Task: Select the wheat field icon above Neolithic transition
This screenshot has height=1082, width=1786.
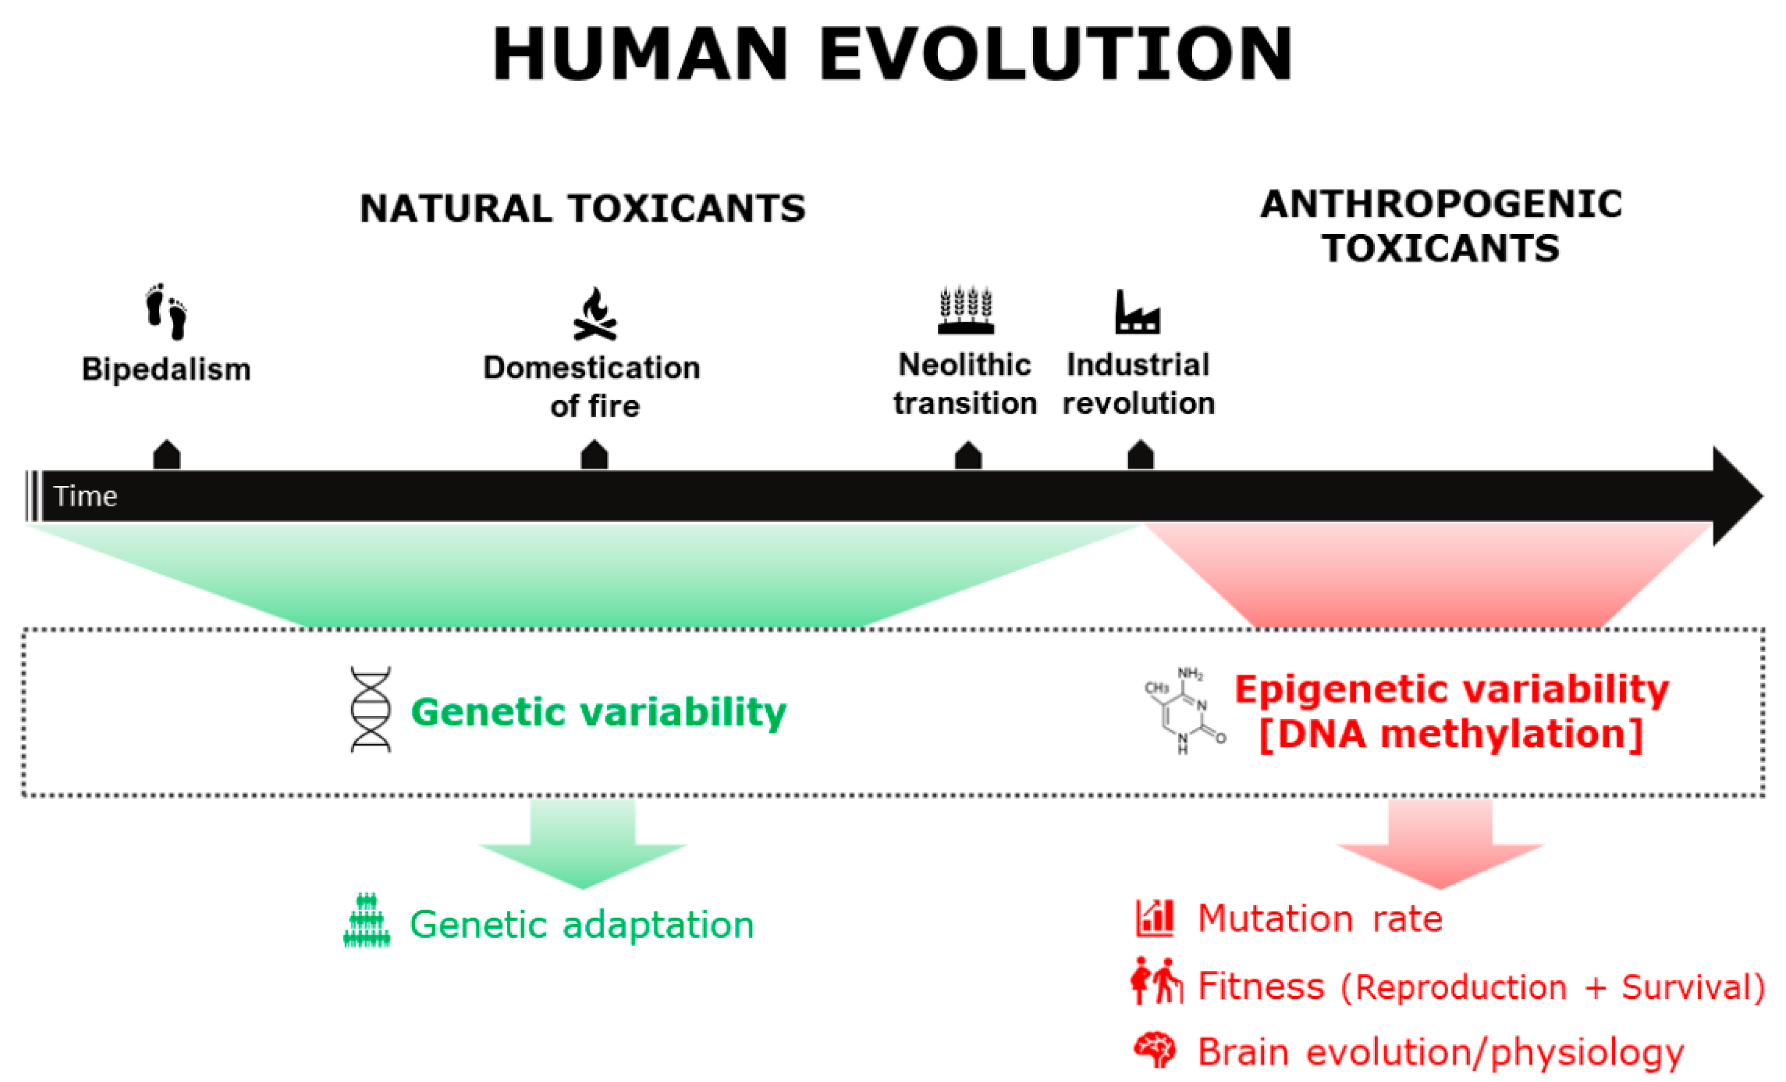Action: (x=966, y=310)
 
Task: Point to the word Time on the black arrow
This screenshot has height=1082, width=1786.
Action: (x=85, y=496)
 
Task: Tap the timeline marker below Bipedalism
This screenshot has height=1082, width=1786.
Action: (x=167, y=455)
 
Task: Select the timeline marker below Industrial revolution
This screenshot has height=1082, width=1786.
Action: (x=1140, y=455)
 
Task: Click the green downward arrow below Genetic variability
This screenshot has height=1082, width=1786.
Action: (x=583, y=845)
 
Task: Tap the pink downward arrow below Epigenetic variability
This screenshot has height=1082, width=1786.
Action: (x=1440, y=845)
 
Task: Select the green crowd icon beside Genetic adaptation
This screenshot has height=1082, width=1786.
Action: (x=367, y=921)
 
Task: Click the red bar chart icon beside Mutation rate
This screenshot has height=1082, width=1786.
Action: (x=1154, y=918)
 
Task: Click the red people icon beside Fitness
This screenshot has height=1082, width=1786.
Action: (x=1155, y=981)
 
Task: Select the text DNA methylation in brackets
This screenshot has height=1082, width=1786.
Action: (x=1451, y=734)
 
